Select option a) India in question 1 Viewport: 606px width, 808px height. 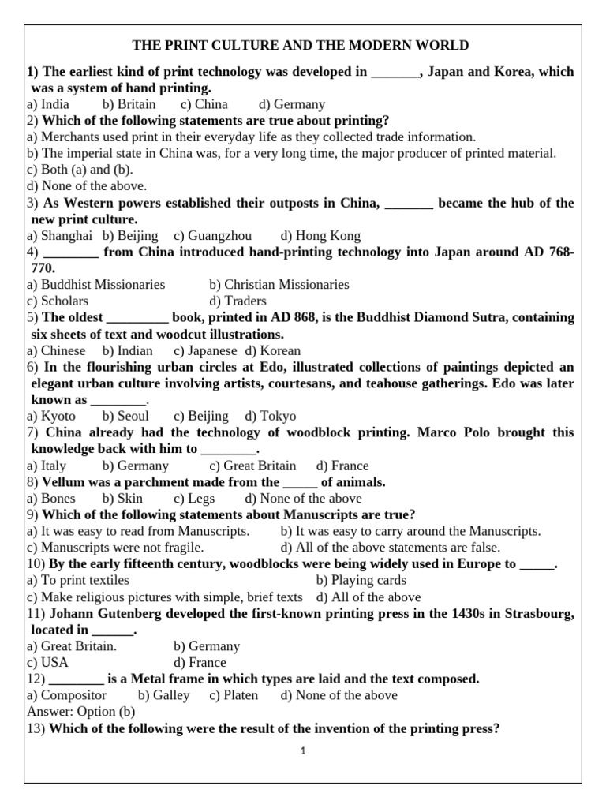[48, 104]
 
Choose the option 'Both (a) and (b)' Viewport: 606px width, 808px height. [80, 170]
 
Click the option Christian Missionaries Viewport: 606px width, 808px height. [279, 284]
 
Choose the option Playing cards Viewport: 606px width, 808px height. [361, 580]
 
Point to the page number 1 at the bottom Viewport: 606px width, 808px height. [302, 751]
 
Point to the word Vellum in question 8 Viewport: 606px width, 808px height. [65, 481]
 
